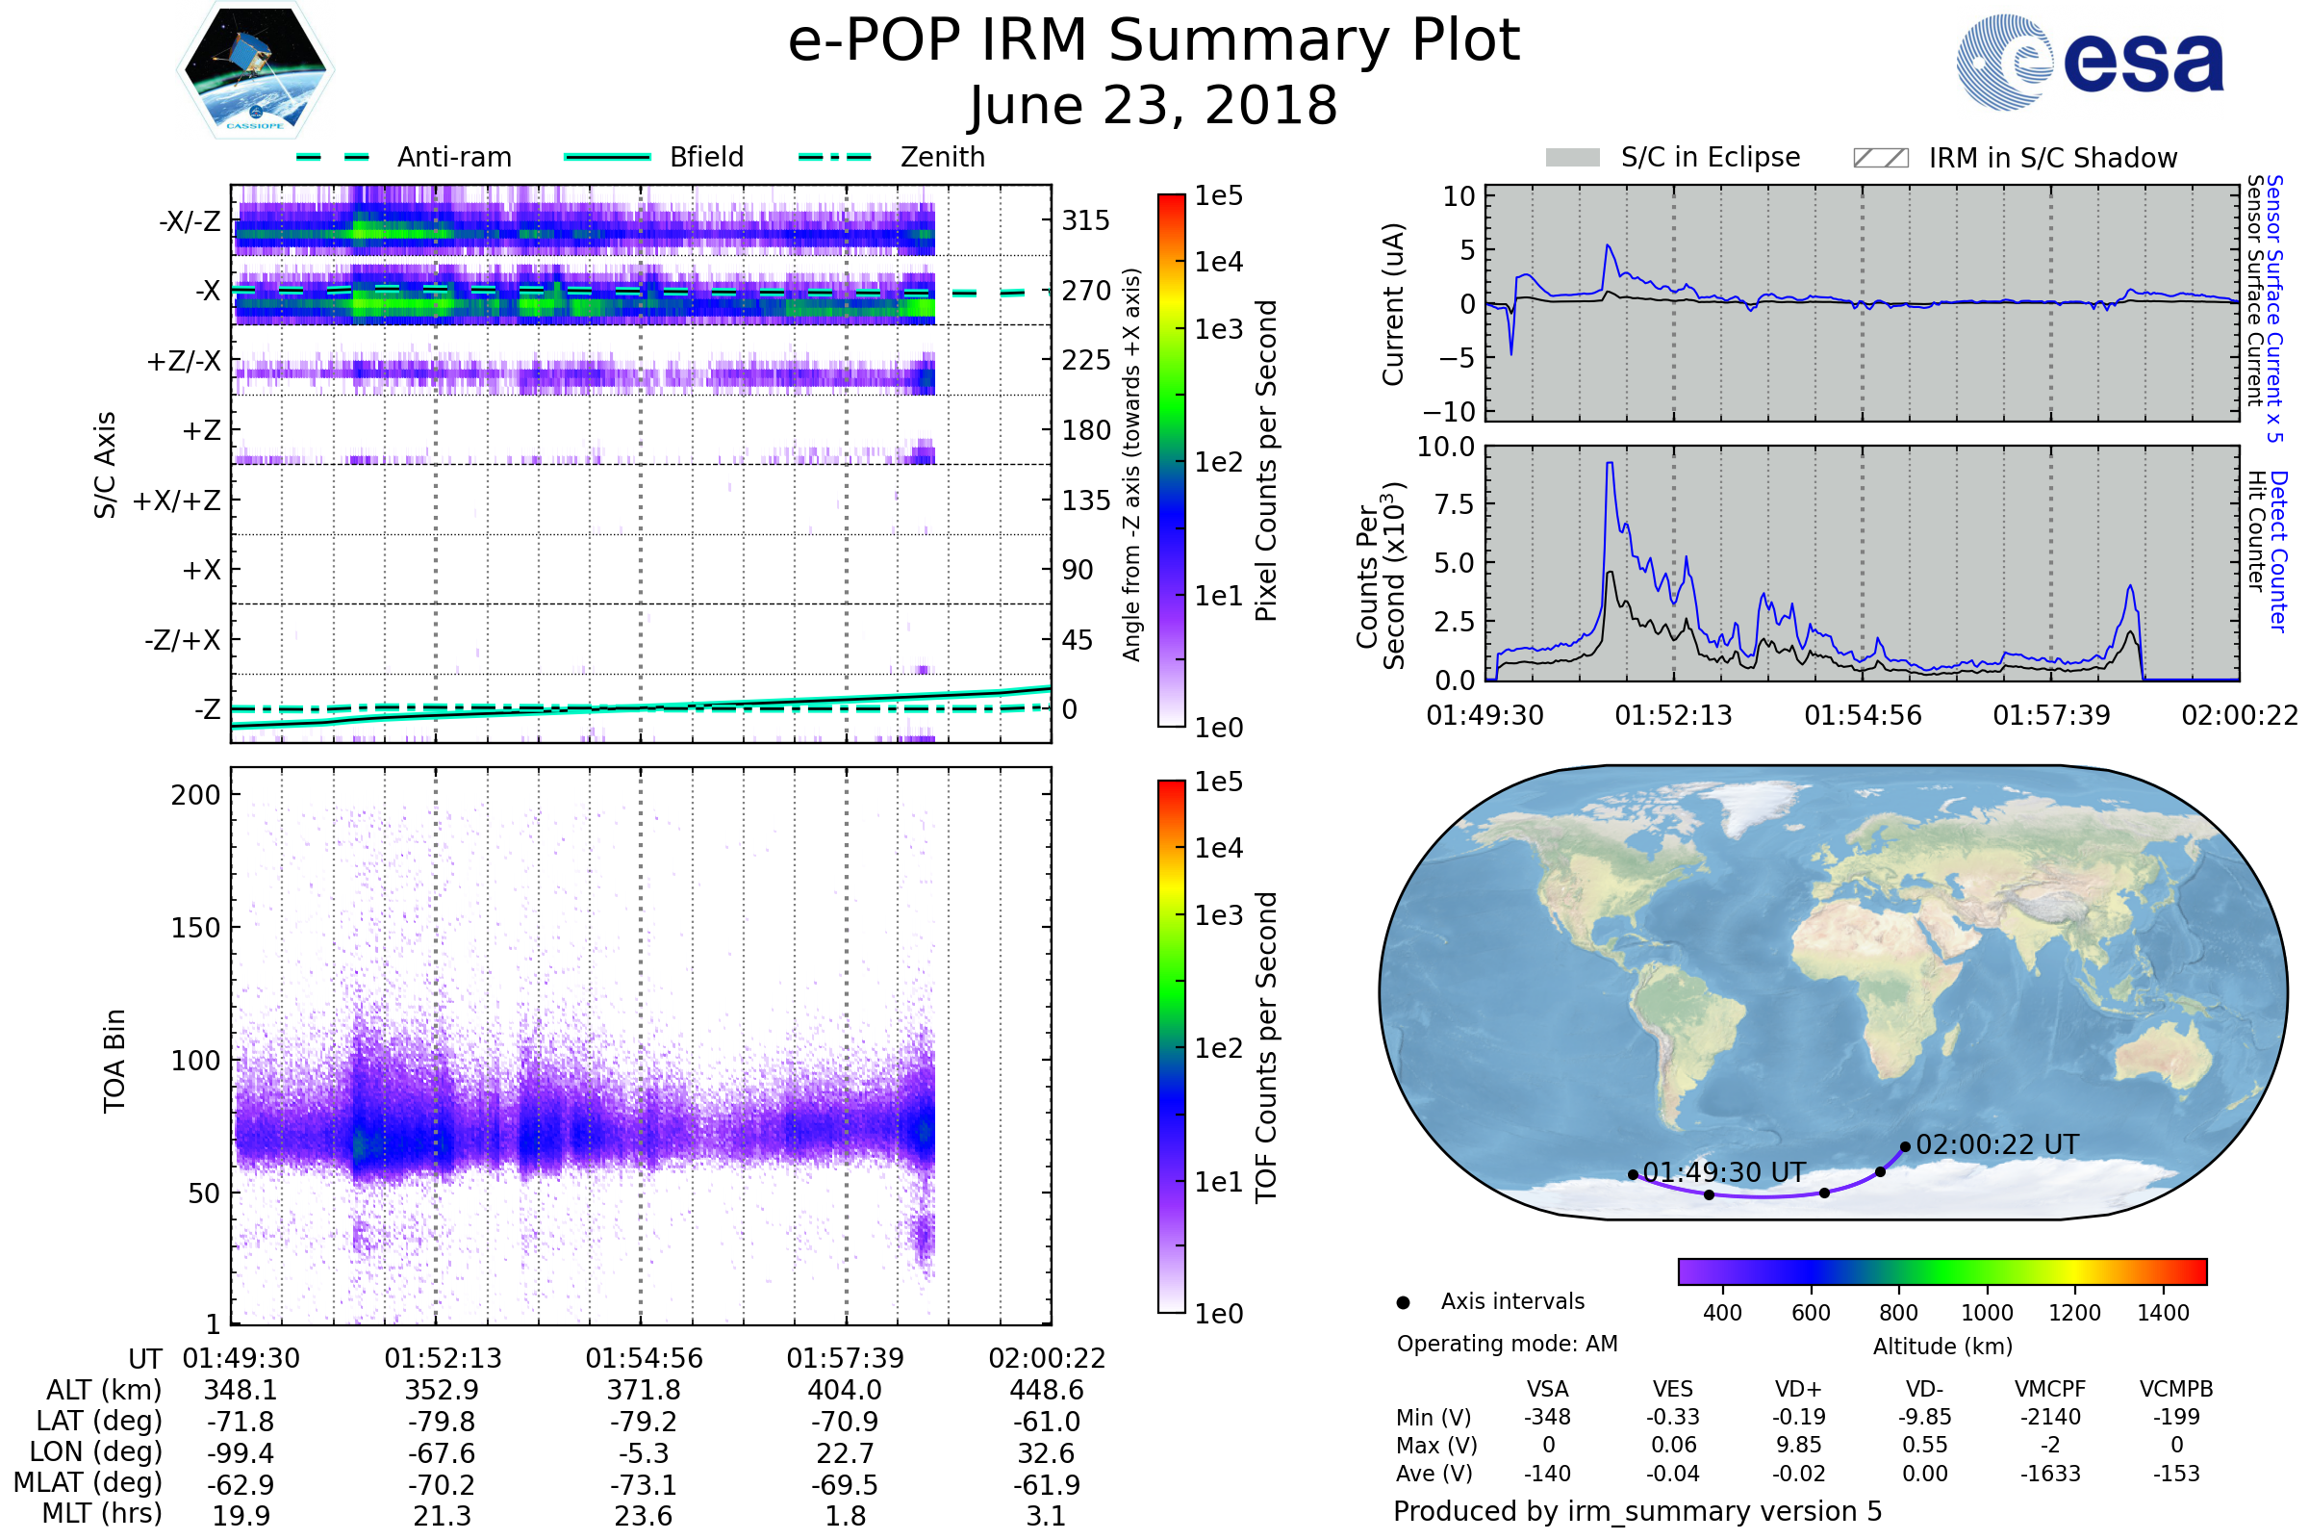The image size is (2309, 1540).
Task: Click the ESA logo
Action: (2090, 62)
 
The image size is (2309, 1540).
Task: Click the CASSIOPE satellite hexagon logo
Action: (255, 69)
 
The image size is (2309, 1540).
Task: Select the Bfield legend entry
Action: (654, 157)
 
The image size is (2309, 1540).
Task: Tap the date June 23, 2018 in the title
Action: (1154, 105)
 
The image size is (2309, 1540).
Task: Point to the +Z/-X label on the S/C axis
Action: (184, 362)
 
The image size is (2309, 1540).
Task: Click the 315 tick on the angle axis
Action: (1085, 221)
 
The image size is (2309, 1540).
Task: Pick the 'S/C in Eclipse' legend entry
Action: (1673, 157)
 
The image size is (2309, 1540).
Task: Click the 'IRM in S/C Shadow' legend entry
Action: (2016, 158)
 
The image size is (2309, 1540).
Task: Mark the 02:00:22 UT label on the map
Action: (1998, 1145)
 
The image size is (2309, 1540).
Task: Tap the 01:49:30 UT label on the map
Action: (1725, 1172)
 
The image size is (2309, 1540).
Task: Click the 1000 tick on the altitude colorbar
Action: (1987, 1313)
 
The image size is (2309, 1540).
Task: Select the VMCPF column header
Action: (2050, 1389)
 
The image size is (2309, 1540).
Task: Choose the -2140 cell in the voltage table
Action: (2051, 1417)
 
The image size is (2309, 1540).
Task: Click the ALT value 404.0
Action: (846, 1390)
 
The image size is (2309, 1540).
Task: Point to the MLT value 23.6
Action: (643, 1515)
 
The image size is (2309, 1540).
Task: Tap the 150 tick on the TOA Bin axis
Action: (195, 928)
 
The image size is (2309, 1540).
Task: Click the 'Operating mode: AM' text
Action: (1507, 1344)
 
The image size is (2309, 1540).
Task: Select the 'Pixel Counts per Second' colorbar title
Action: (1266, 461)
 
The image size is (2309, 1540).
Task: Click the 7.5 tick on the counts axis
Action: (1457, 504)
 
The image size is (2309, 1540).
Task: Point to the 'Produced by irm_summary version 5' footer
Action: (1637, 1511)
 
